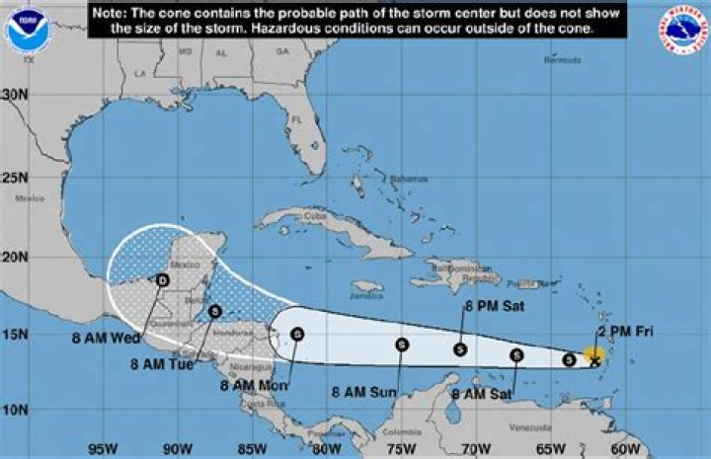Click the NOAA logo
pyautogui.click(x=28, y=30)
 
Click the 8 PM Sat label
pyautogui.click(x=494, y=307)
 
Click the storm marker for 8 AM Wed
pyautogui.click(x=163, y=280)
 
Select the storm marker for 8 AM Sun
pyautogui.click(x=402, y=344)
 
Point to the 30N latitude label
pyautogui.click(x=15, y=94)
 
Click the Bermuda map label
pyautogui.click(x=562, y=60)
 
